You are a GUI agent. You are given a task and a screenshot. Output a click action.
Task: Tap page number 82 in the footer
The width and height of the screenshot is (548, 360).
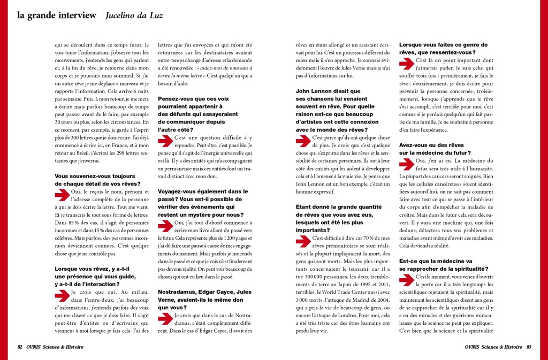[20, 347]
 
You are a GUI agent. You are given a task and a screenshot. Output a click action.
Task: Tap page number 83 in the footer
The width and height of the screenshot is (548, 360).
[529, 347]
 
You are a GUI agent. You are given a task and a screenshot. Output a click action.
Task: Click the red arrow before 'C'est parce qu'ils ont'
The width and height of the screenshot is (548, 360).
[303, 142]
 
